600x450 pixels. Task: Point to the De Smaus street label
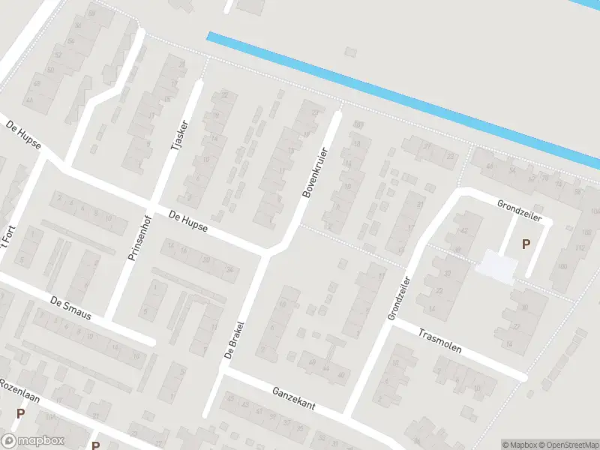(70, 308)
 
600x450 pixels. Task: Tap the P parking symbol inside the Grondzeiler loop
(526, 244)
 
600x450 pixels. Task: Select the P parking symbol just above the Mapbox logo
(20, 413)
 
